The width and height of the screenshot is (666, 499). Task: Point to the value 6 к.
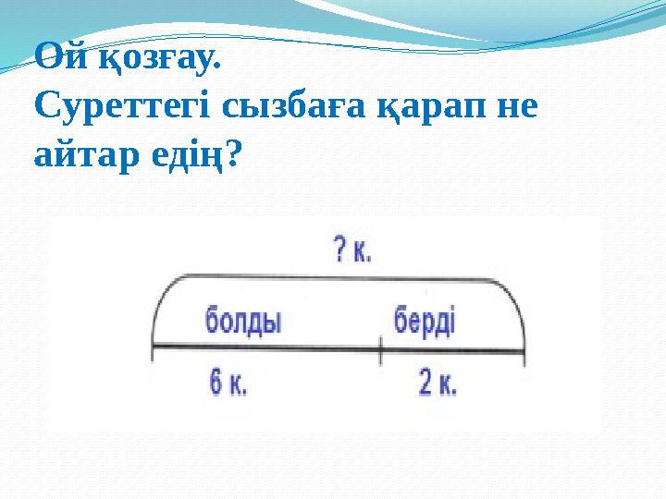(x=228, y=383)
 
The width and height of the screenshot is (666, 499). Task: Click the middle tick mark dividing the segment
(x=381, y=348)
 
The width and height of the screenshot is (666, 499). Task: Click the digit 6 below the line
(x=216, y=383)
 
